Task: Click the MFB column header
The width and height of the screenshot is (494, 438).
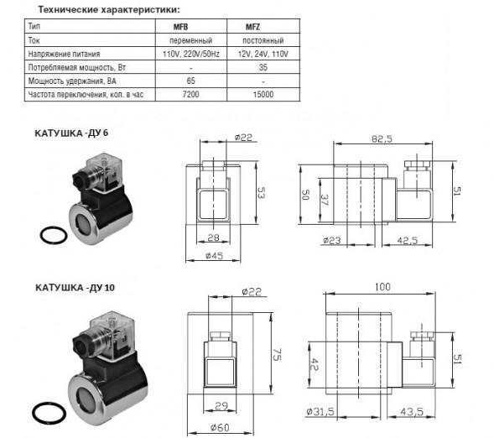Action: (x=180, y=27)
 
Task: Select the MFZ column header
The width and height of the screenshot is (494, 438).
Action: (x=253, y=27)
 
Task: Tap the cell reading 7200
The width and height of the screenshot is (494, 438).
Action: (x=190, y=94)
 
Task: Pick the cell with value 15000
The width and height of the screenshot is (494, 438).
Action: (x=263, y=94)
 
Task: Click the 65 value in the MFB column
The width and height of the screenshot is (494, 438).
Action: (x=191, y=81)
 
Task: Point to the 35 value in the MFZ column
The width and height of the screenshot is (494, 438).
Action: (x=263, y=67)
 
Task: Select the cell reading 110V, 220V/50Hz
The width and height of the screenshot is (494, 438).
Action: (x=191, y=54)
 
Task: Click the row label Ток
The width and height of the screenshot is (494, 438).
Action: (x=34, y=40)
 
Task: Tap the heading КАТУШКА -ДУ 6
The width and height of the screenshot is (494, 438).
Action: (x=71, y=133)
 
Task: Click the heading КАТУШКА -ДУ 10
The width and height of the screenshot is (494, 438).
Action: (x=75, y=287)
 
